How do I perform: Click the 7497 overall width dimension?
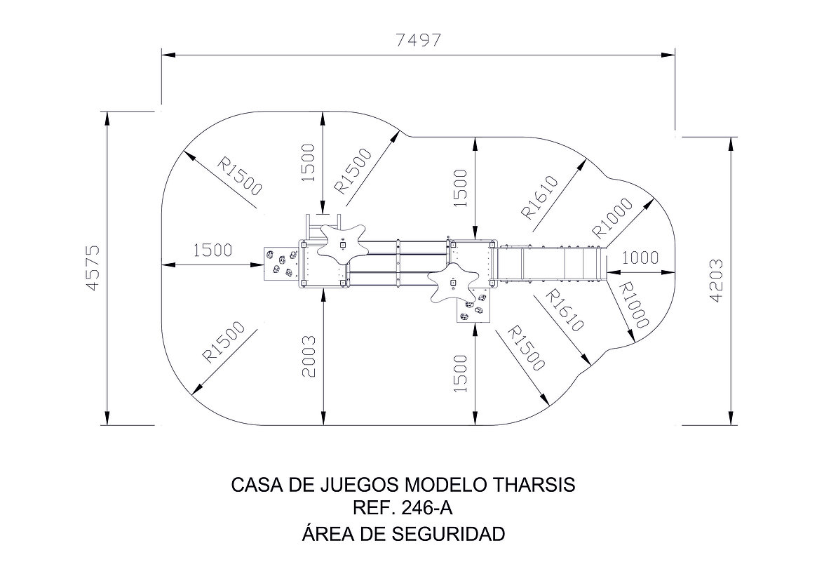click(418, 40)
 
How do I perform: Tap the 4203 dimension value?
click(716, 281)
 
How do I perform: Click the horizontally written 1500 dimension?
click(212, 250)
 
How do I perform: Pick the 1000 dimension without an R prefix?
click(640, 257)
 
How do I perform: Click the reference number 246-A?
click(426, 509)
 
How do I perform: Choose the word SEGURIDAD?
click(448, 534)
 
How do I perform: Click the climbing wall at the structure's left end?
click(281, 263)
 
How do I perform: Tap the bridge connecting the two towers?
click(398, 263)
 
